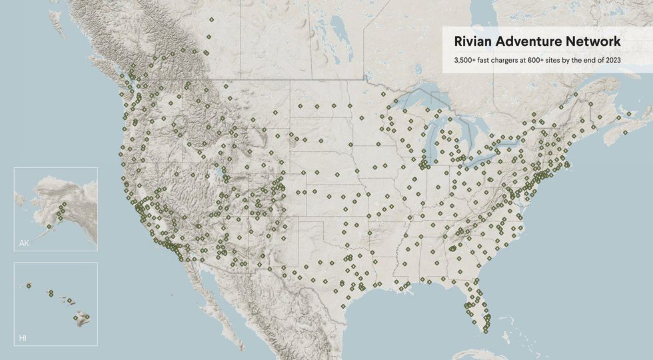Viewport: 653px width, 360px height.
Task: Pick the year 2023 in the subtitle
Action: [612, 61]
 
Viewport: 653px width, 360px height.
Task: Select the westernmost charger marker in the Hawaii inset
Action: [29, 286]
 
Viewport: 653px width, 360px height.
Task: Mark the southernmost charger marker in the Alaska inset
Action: [49, 227]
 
